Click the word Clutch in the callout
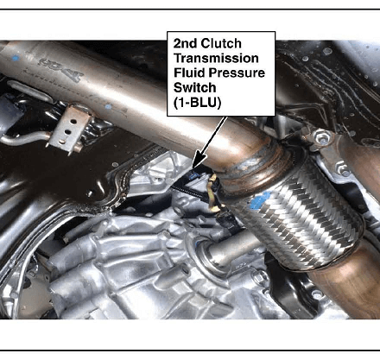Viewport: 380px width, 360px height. [x=221, y=44]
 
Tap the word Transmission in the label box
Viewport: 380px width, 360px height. [x=216, y=59]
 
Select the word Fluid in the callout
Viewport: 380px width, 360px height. [x=189, y=73]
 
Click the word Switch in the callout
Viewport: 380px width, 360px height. [x=194, y=87]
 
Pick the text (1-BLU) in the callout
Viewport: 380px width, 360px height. [x=197, y=103]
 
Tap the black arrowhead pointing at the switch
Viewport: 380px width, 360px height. [x=199, y=161]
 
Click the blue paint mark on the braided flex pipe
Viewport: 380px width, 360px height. [x=260, y=199]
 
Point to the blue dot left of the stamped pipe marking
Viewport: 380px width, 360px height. [x=16, y=58]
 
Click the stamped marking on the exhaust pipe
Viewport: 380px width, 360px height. [x=61, y=68]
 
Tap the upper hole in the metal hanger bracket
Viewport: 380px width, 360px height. [x=73, y=122]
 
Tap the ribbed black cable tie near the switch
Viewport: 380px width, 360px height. [x=187, y=192]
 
